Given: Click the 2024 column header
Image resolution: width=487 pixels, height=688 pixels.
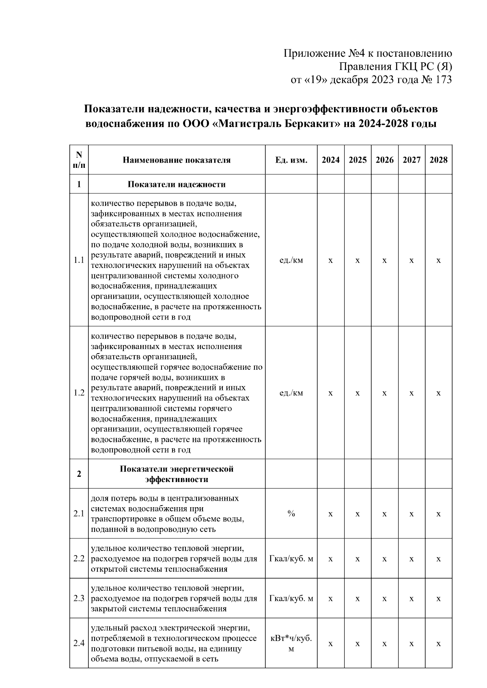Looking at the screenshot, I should click(330, 160).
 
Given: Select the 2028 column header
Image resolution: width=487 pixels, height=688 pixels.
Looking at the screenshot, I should click(438, 160).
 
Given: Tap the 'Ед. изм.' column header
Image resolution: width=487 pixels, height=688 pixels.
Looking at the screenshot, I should click(291, 160).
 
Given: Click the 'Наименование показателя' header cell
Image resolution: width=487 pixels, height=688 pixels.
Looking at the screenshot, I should click(177, 160).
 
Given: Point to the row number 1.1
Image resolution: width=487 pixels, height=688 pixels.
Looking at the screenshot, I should click(79, 260).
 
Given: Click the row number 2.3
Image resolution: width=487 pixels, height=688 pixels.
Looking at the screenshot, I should click(79, 598).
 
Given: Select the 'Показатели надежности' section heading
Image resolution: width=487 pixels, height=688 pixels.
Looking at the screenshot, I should click(177, 184).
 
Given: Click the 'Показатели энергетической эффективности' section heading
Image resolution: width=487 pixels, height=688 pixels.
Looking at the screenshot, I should click(177, 474).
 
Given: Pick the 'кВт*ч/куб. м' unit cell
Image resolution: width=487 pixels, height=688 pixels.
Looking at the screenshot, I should click(291, 643).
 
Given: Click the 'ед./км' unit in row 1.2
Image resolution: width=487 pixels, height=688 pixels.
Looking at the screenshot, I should click(291, 393).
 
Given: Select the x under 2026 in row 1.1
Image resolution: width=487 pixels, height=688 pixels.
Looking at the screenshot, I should click(384, 260).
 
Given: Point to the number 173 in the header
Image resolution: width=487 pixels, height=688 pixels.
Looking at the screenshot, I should click(443, 80).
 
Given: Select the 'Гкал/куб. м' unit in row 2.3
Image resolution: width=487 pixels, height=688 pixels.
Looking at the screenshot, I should click(291, 598).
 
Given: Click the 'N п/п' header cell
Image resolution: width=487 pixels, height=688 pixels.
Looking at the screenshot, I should click(79, 160).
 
